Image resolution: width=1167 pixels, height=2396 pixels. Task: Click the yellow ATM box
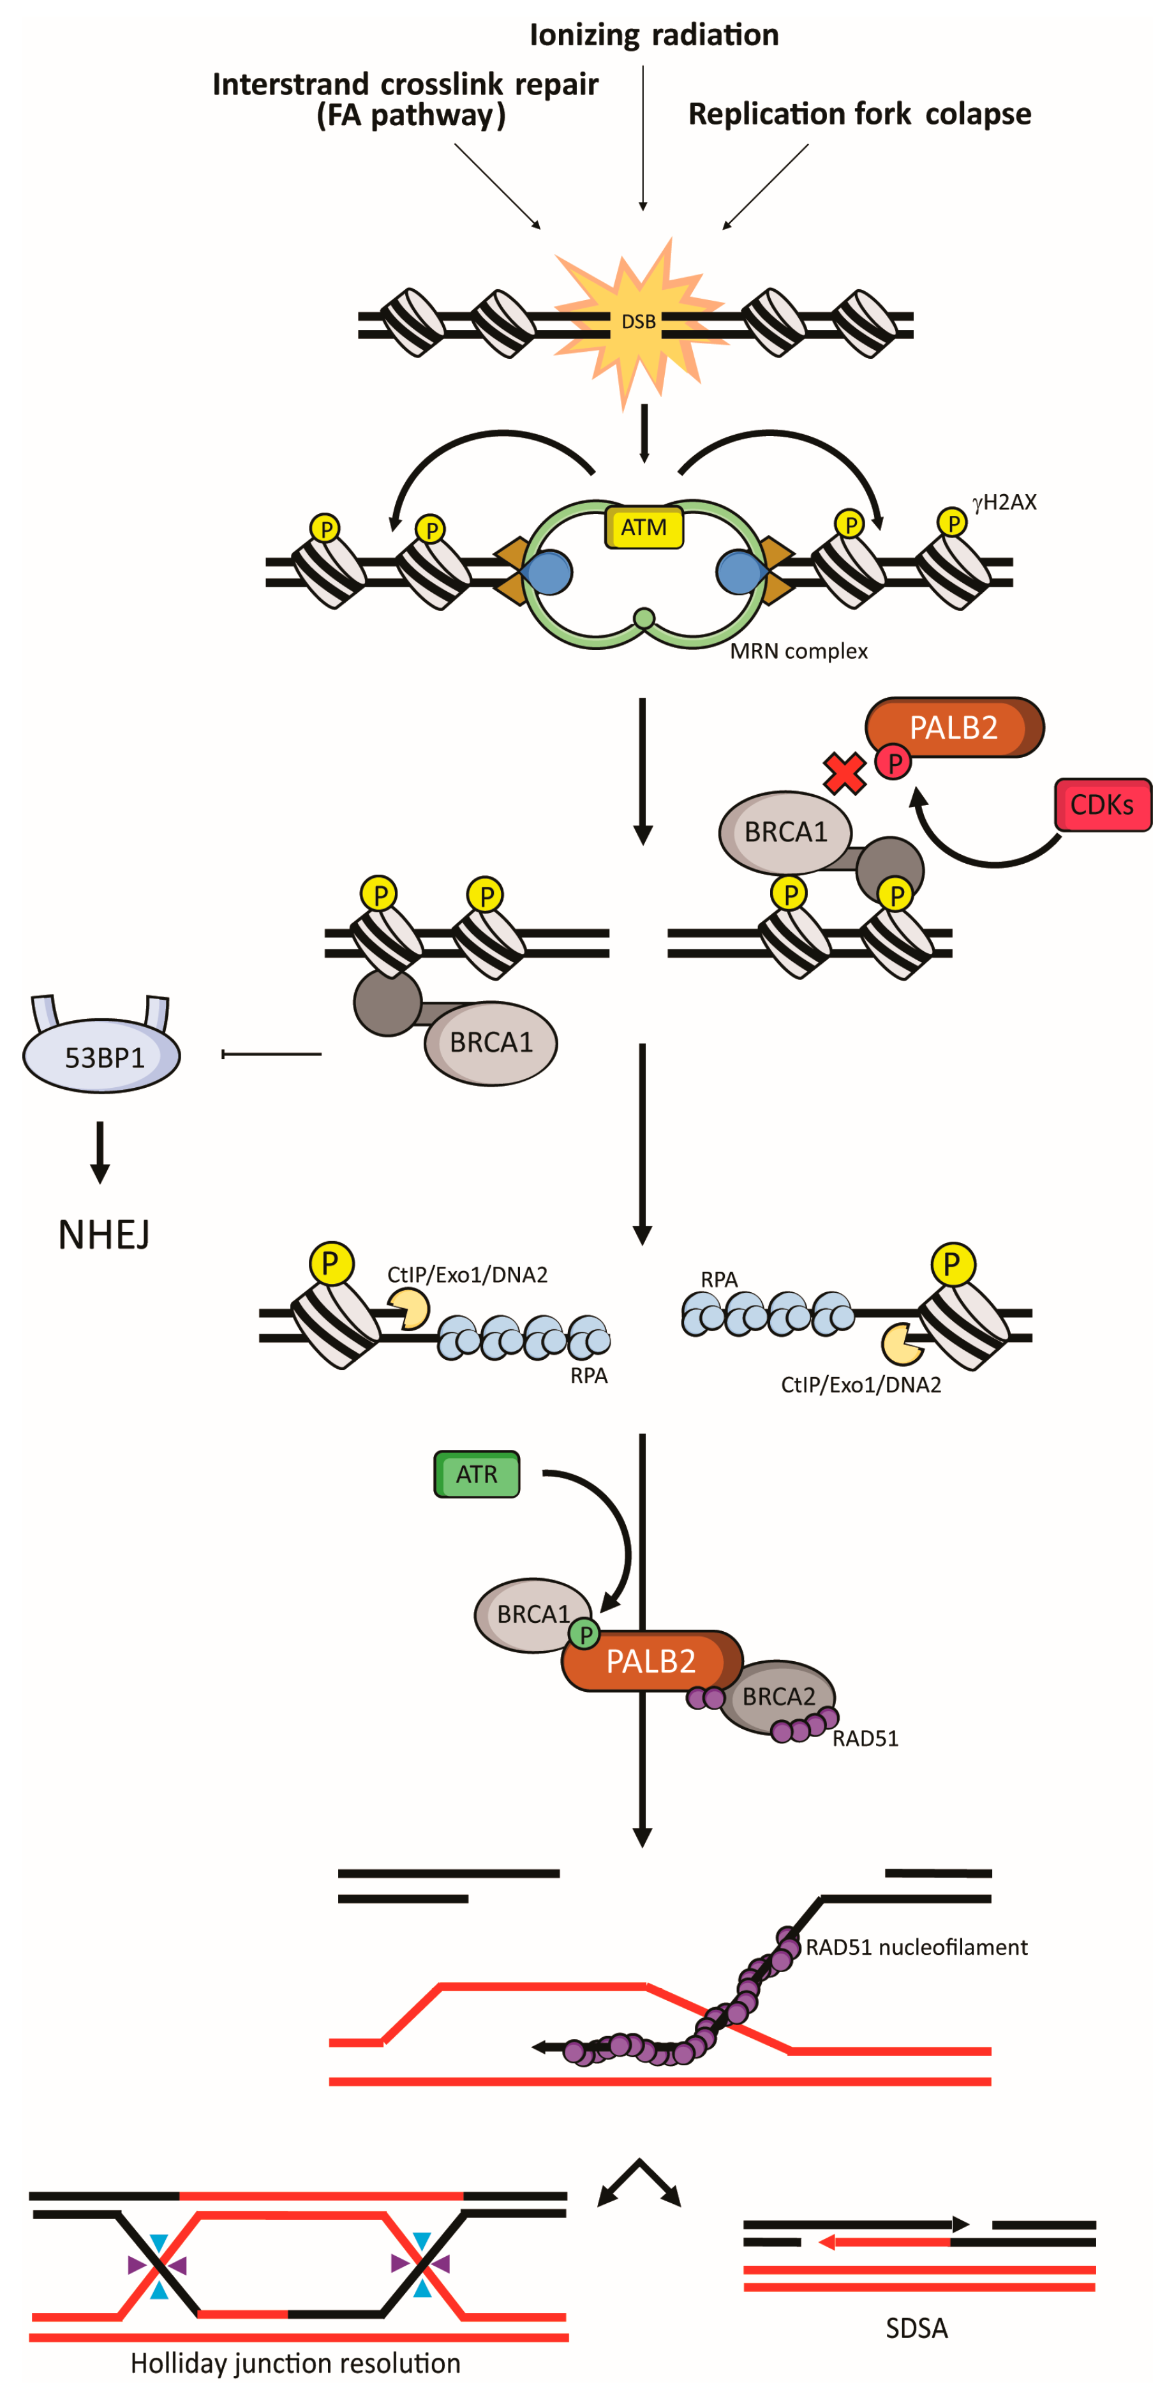click(644, 527)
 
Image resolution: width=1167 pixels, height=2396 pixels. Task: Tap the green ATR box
click(476, 1473)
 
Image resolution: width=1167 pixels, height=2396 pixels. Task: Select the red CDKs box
click(1102, 804)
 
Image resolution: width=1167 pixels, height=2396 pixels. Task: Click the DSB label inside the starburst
click(638, 322)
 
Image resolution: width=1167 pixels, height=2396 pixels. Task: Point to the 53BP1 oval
click(101, 1057)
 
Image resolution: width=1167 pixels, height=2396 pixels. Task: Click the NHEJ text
click(103, 1234)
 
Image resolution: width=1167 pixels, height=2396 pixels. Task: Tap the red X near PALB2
click(844, 773)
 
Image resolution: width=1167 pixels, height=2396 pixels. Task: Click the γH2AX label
click(1004, 502)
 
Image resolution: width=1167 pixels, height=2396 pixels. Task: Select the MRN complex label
click(798, 651)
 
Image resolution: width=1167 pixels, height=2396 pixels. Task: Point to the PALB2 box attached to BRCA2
click(650, 1661)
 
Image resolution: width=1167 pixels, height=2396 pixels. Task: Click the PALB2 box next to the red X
click(953, 727)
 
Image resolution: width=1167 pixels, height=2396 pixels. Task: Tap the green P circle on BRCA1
click(585, 1633)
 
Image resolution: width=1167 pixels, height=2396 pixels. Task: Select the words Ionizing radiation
click(654, 35)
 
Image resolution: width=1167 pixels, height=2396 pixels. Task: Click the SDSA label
click(916, 2328)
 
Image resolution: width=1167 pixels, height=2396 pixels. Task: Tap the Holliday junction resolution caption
click(295, 2363)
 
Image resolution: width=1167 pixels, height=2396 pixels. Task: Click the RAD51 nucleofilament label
click(916, 1947)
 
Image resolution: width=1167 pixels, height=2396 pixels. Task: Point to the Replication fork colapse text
click(859, 114)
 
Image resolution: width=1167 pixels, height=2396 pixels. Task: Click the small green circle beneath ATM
click(644, 617)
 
